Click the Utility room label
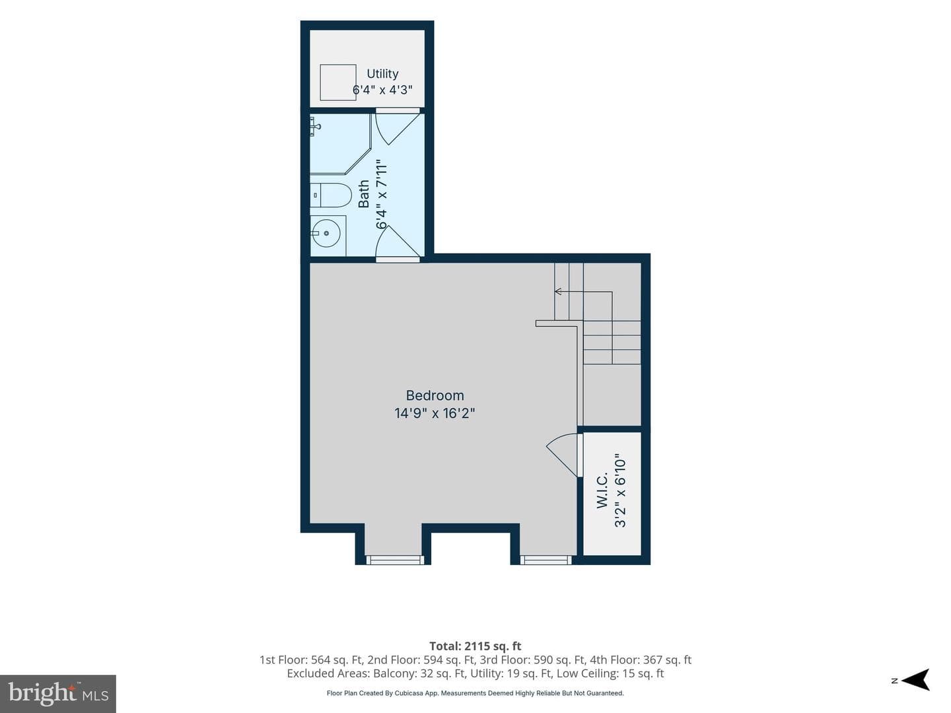pos(382,74)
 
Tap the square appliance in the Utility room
pos(338,83)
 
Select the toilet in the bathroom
pos(330,195)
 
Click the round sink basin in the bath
pos(326,233)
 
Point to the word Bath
pos(364,194)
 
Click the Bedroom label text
pos(435,395)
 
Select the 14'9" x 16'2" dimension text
pos(435,413)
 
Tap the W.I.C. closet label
pos(602,490)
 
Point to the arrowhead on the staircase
pos(558,291)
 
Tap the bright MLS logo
pos(58,694)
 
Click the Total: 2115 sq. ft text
pos(475,646)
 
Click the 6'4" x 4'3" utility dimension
pos(382,90)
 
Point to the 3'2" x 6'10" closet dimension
pos(620,490)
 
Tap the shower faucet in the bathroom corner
pos(315,127)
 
